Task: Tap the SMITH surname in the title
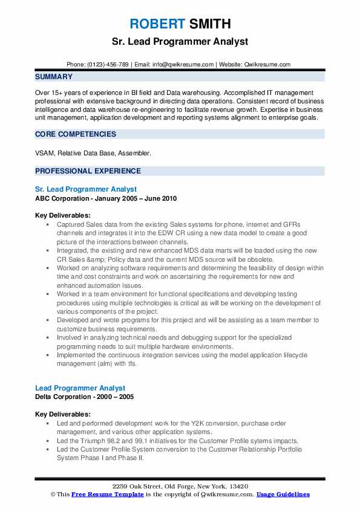(209, 24)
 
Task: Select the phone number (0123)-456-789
(107, 64)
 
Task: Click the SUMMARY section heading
(54, 77)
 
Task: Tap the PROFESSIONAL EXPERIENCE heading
(88, 171)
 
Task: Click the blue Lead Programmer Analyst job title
(80, 388)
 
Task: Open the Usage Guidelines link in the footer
(283, 494)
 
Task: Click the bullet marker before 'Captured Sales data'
(48, 224)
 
